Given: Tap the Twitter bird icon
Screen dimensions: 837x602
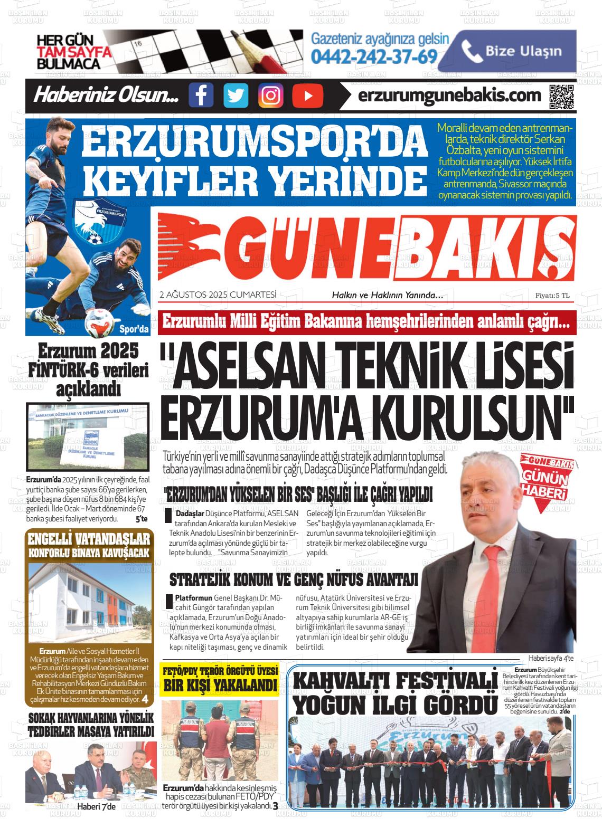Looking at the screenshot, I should tap(236, 96).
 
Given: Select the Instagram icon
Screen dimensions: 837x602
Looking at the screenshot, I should tap(271, 96).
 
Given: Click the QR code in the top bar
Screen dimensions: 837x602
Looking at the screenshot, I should tap(561, 96).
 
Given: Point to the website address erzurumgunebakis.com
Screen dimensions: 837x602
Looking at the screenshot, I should tap(449, 95).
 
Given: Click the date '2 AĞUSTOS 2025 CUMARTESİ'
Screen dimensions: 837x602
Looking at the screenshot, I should tap(218, 295).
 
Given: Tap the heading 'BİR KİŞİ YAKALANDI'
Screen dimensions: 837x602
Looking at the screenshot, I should tap(220, 686).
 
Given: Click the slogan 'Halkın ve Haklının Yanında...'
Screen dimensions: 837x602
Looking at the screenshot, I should tap(387, 296).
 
